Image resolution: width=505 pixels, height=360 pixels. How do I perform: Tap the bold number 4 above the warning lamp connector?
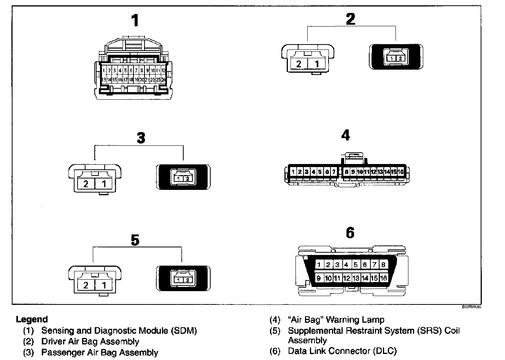click(x=345, y=135)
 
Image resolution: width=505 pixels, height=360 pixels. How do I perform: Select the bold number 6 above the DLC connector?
click(x=350, y=233)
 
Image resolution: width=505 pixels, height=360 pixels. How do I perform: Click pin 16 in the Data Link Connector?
click(x=383, y=278)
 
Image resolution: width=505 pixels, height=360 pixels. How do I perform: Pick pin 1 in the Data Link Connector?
click(x=319, y=265)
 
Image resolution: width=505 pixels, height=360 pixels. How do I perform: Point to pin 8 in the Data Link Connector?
click(x=383, y=265)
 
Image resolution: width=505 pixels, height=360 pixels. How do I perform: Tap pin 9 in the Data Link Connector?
click(x=319, y=278)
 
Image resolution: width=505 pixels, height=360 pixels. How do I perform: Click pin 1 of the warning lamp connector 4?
click(x=293, y=172)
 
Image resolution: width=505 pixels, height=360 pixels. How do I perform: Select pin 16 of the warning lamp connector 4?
click(x=400, y=172)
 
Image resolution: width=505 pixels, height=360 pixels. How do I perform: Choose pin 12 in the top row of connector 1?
click(x=164, y=70)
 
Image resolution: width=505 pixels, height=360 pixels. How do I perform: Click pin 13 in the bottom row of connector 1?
click(x=103, y=80)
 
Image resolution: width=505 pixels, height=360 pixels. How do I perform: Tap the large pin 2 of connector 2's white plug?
click(x=299, y=64)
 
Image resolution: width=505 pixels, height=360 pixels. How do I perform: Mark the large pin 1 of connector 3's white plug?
click(x=104, y=184)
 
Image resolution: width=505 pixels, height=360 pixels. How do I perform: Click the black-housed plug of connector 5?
click(x=183, y=279)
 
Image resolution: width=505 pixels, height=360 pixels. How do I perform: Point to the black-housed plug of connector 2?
click(x=396, y=57)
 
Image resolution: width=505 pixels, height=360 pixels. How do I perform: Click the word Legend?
click(x=32, y=319)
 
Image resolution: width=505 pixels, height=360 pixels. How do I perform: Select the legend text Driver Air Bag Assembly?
click(x=90, y=341)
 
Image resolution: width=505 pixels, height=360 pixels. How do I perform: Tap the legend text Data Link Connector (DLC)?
click(x=342, y=351)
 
